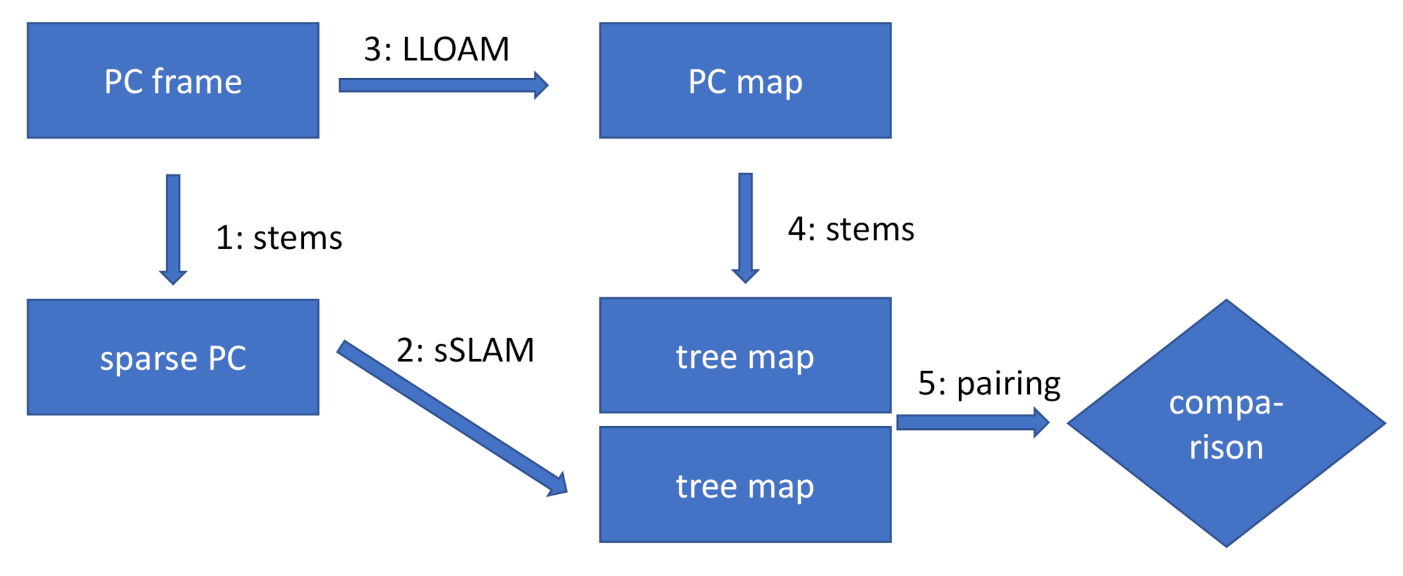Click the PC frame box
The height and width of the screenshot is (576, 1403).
coord(173,81)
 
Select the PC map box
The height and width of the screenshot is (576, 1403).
coord(745,81)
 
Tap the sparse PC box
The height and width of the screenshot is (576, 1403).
coord(173,357)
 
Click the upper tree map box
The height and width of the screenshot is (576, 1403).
coord(745,355)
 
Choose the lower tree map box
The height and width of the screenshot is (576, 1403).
coord(745,484)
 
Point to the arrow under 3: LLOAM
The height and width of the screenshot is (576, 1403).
coord(442,85)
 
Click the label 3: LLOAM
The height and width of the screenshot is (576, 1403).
coord(437,49)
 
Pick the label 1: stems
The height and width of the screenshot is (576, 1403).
coord(279,238)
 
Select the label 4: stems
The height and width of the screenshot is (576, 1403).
coord(851,229)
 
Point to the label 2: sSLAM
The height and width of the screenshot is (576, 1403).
coord(465,350)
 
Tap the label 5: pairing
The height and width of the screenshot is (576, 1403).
coord(989,384)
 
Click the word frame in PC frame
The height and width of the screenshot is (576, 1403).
coord(196,81)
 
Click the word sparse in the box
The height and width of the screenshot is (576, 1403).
coord(148,358)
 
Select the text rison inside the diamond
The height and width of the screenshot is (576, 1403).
coord(1226,447)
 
